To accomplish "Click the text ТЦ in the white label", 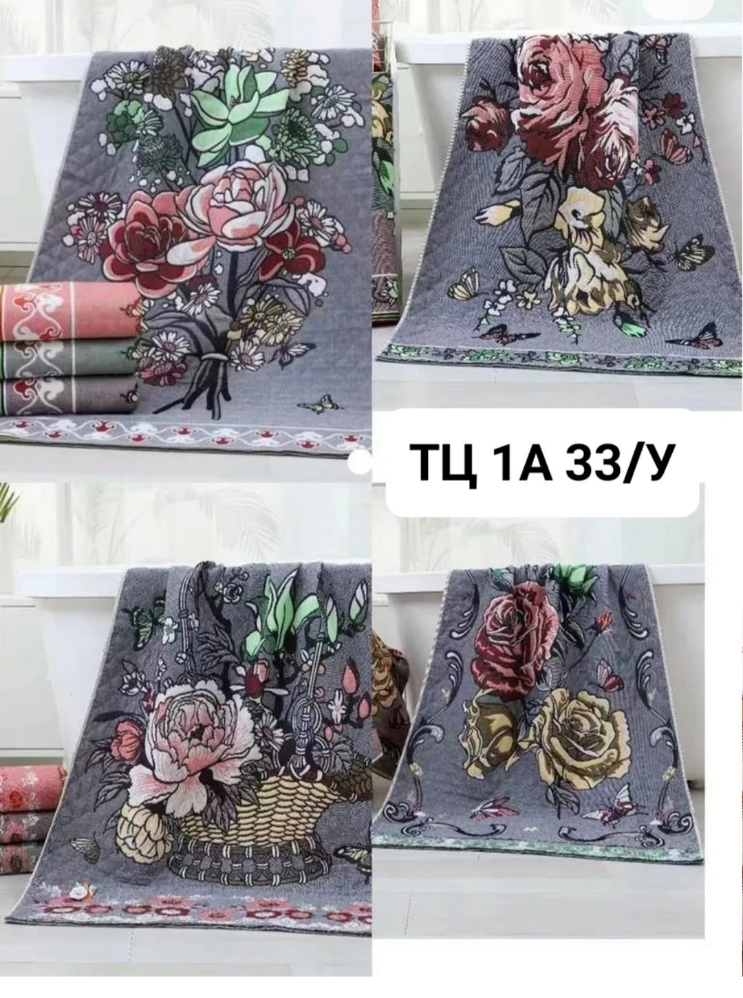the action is (446, 462).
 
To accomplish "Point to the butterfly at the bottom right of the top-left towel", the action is (317, 403).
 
